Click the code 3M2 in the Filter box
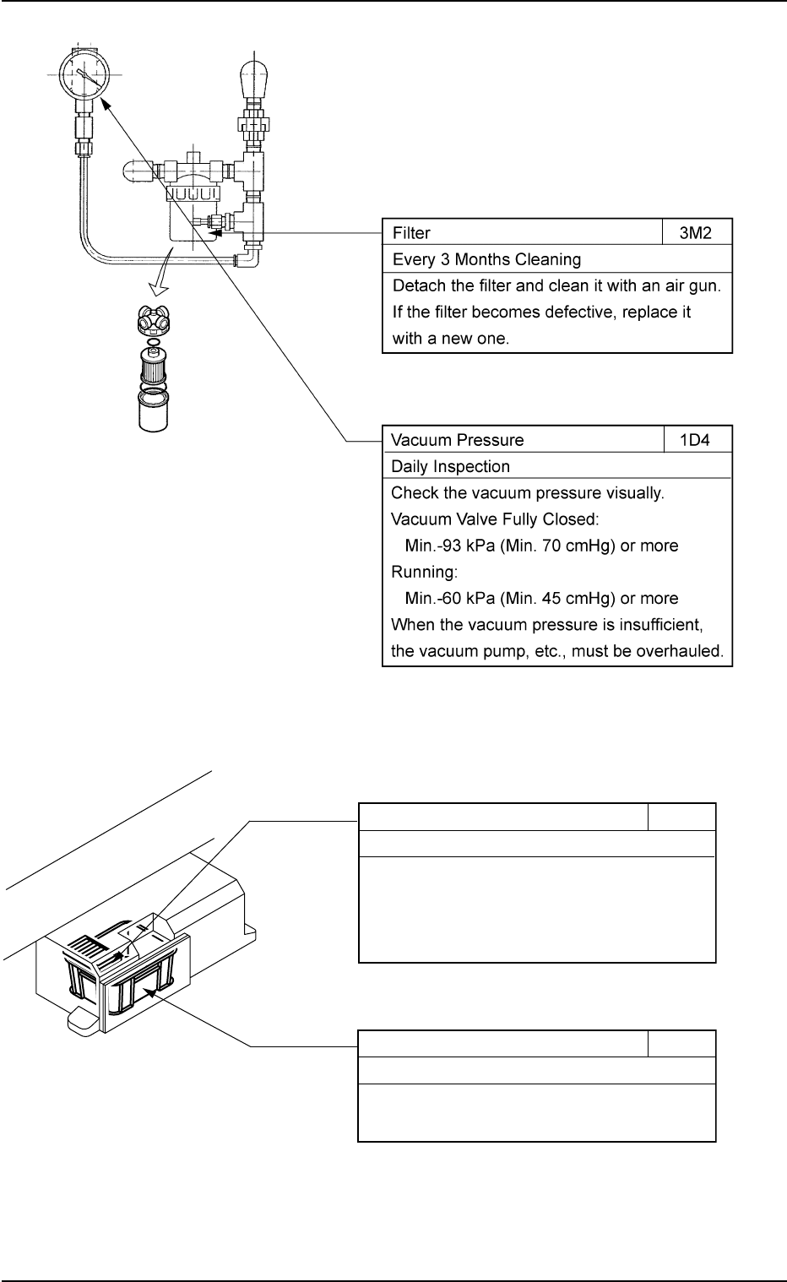point(697,232)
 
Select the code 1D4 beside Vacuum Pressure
point(697,440)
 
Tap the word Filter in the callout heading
point(411,232)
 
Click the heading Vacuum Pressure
point(457,440)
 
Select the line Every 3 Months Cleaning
point(486,258)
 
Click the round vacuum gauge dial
point(83,73)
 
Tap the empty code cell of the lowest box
point(681,1044)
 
